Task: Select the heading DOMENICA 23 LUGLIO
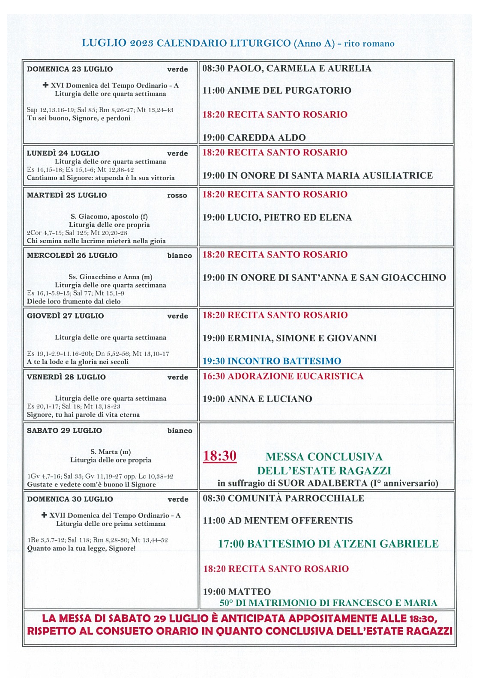click(x=70, y=69)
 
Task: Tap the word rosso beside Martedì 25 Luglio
click(x=177, y=195)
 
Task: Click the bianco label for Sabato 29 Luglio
click(x=180, y=431)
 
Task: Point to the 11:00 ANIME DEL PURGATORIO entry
click(x=277, y=90)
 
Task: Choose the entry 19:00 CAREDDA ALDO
click(x=254, y=137)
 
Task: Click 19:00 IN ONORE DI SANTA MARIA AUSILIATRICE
click(x=317, y=175)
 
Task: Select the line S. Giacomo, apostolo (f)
click(x=109, y=216)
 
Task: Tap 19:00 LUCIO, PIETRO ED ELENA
click(x=277, y=217)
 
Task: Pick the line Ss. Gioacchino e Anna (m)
click(x=110, y=277)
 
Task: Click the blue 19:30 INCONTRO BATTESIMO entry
click(x=272, y=361)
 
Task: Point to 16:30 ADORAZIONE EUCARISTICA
click(x=283, y=376)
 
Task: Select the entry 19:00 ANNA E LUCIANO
click(x=257, y=399)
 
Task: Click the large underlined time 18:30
click(x=219, y=456)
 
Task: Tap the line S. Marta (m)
click(x=111, y=451)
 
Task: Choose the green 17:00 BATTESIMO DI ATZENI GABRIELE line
click(x=328, y=544)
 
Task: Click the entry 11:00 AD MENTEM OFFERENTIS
click(x=278, y=520)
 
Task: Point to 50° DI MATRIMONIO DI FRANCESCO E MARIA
click(x=328, y=603)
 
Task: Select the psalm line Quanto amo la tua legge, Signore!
click(x=81, y=548)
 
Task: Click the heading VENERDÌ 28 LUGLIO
click(x=66, y=377)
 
